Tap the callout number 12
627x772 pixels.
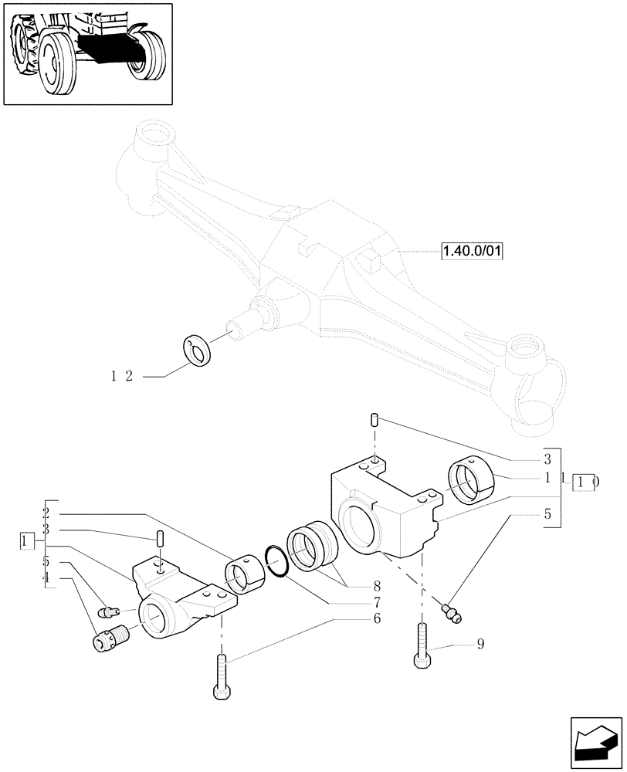(x=122, y=376)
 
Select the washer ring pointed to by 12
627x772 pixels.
(x=199, y=349)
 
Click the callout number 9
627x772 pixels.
(x=480, y=644)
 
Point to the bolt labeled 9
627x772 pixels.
(x=422, y=645)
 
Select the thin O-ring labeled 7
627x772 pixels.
(x=276, y=560)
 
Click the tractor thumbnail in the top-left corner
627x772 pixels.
(x=87, y=53)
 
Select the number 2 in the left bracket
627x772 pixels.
(x=47, y=513)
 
